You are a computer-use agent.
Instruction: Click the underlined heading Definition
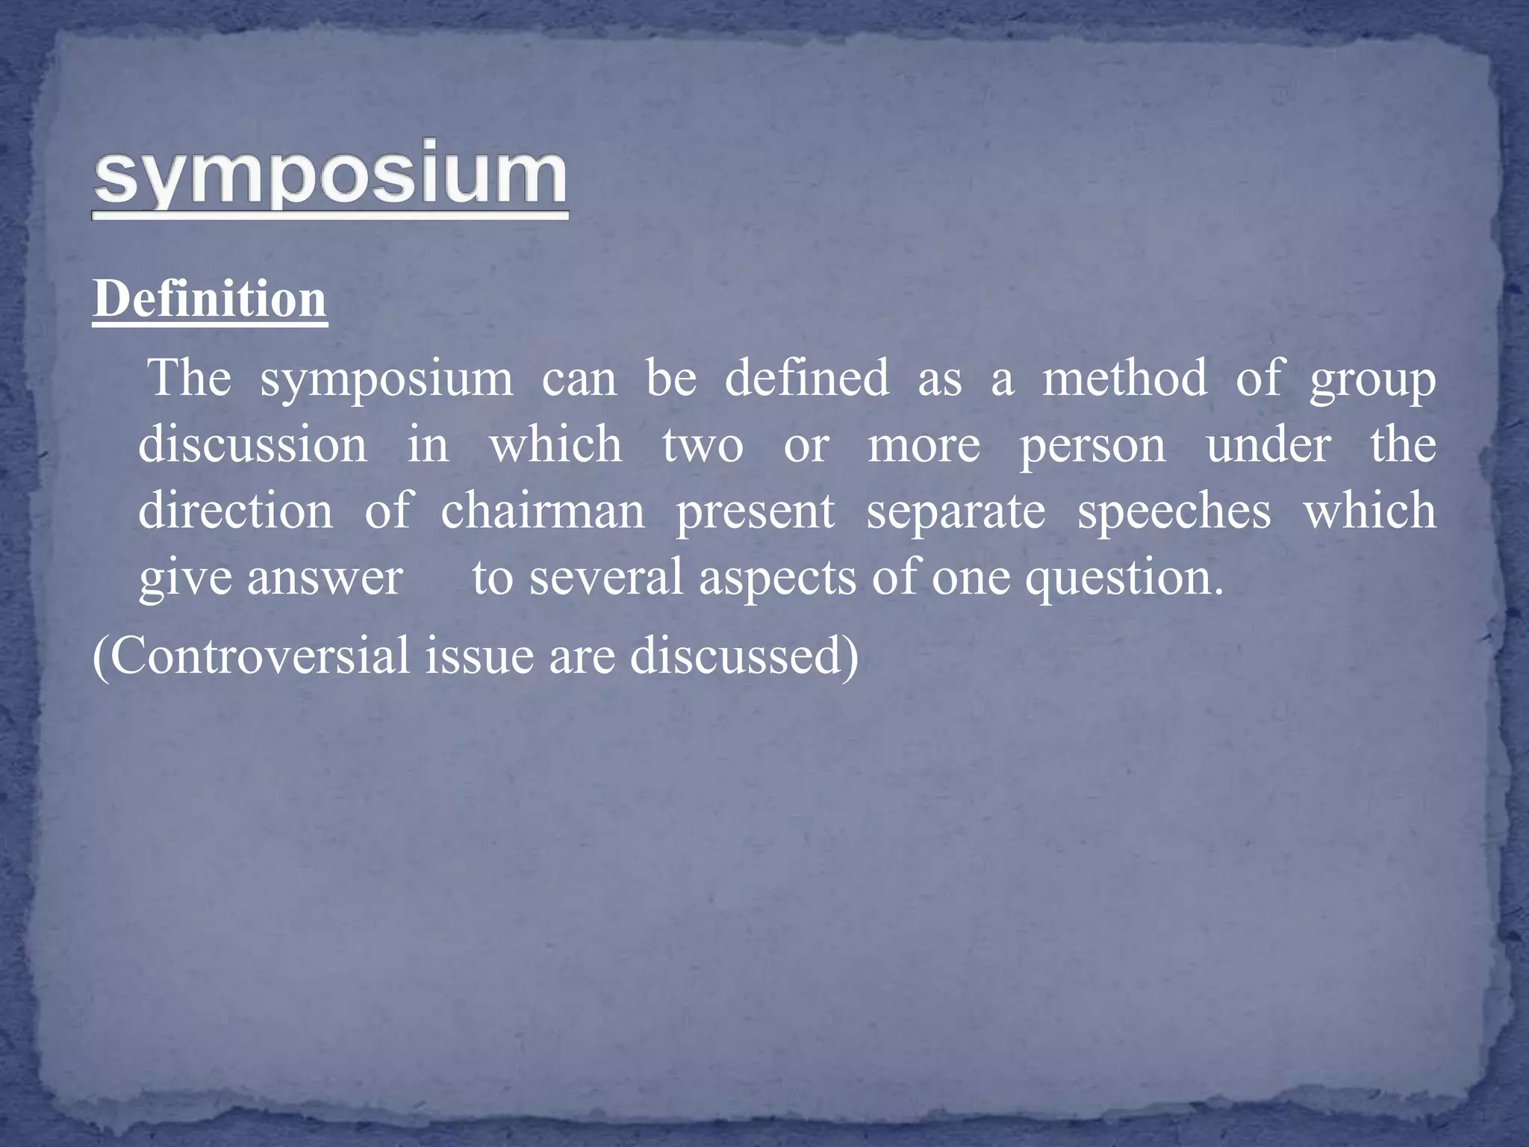click(210, 299)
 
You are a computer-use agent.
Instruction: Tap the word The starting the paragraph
click(190, 378)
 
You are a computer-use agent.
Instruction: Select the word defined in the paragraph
click(807, 378)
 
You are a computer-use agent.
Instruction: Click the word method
click(1124, 378)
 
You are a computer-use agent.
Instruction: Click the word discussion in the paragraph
click(253, 444)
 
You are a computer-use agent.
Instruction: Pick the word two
click(703, 446)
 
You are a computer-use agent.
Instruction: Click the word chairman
click(543, 512)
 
